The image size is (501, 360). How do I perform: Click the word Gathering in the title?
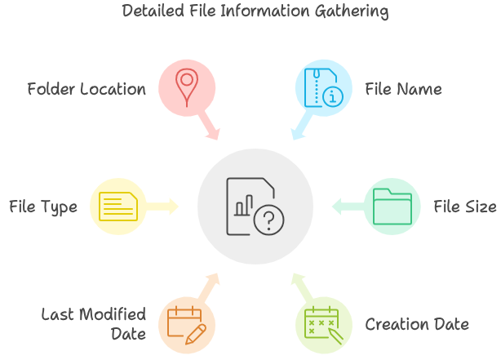348,12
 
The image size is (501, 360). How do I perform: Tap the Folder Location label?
86,88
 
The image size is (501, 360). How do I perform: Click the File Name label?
403,88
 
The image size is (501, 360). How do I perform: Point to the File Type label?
44,207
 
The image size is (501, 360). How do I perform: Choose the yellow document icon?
118,206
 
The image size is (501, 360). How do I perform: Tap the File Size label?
463,207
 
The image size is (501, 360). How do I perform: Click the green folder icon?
392,206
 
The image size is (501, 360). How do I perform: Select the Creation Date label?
417,324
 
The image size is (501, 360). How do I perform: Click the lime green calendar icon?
324,324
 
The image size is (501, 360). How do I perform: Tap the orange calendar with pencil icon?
188,324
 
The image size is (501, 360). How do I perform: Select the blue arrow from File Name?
299,126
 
